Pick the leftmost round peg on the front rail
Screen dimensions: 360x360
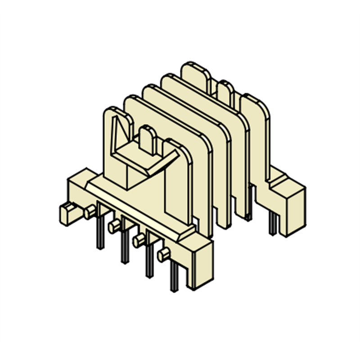(90, 211)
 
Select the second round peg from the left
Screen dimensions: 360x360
(114, 225)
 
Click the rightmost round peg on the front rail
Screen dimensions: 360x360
(163, 255)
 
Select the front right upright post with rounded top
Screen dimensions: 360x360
(179, 180)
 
